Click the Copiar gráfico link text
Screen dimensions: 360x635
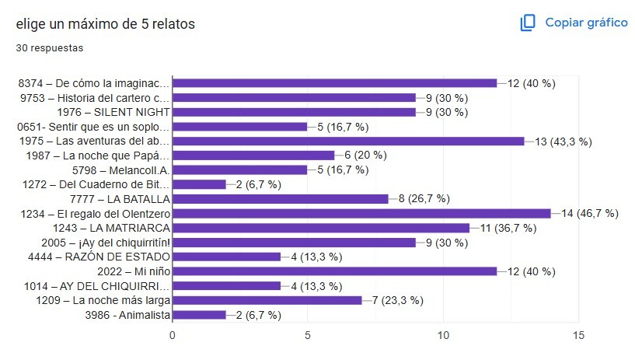click(586, 23)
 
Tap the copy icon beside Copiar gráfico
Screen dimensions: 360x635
click(529, 23)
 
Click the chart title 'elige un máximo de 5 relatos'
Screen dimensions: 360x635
click(105, 24)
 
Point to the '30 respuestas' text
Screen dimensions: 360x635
click(50, 47)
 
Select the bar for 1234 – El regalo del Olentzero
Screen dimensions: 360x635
click(361, 213)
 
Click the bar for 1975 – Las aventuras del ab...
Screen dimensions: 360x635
click(348, 141)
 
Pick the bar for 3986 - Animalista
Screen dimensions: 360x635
click(199, 315)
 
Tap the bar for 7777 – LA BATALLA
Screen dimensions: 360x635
click(280, 199)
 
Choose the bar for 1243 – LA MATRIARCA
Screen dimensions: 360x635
click(321, 228)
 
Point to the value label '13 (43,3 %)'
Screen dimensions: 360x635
click(563, 141)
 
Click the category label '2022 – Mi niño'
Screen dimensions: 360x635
click(134, 271)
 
